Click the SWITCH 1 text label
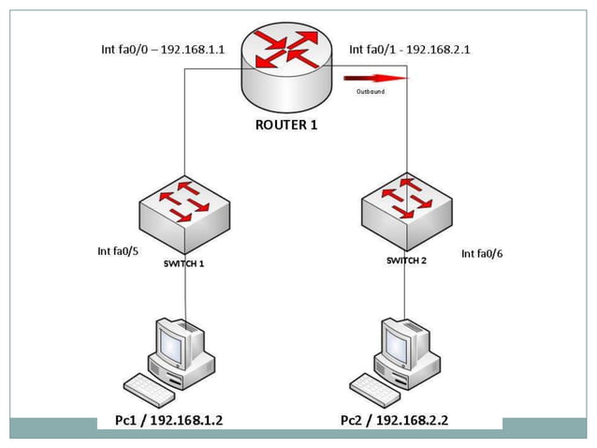pos(184,263)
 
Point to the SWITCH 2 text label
pos(406,261)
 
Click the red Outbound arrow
pos(378,79)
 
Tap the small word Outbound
pos(371,92)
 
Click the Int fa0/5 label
pos(119,250)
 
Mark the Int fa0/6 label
pos(482,254)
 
